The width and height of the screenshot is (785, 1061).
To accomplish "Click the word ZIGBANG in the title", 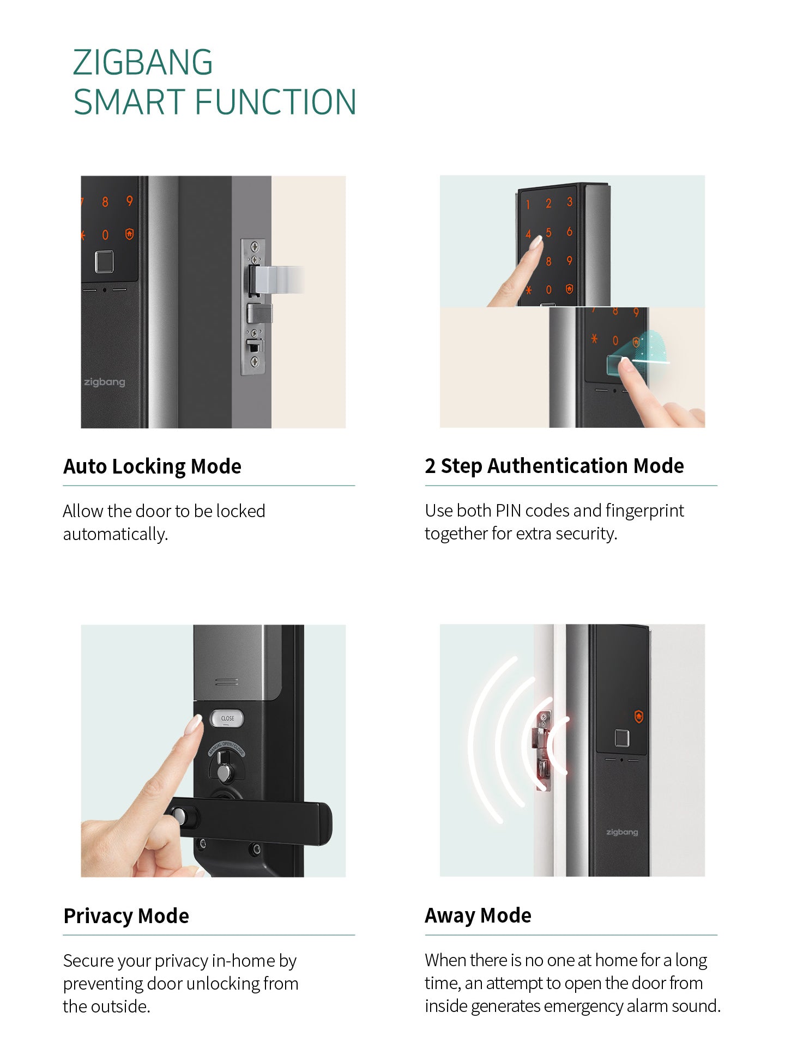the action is tap(143, 62).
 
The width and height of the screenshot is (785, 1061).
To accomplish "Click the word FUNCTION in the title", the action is tap(275, 102).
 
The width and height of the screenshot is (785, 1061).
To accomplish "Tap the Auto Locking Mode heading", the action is tap(152, 466).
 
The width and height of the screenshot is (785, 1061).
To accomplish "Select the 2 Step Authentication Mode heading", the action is tap(554, 466).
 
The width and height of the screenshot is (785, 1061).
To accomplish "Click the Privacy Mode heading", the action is tap(126, 916).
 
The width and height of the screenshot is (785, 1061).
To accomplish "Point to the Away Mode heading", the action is tap(478, 916).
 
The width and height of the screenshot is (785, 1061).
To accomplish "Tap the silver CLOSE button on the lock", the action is tap(227, 718).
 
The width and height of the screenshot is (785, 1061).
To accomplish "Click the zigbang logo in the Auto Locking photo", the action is tap(104, 382).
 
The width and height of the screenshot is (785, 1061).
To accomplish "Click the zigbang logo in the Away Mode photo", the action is tap(622, 832).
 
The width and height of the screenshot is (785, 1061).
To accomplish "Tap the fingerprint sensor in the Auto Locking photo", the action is tap(104, 262).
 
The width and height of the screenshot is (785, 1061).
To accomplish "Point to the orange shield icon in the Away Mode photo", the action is tap(639, 716).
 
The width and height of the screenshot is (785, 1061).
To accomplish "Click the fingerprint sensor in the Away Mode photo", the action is tap(622, 738).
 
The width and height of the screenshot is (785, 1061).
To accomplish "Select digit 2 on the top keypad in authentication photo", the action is tap(548, 204).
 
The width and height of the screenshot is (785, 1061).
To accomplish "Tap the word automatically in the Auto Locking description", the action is tap(115, 534).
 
